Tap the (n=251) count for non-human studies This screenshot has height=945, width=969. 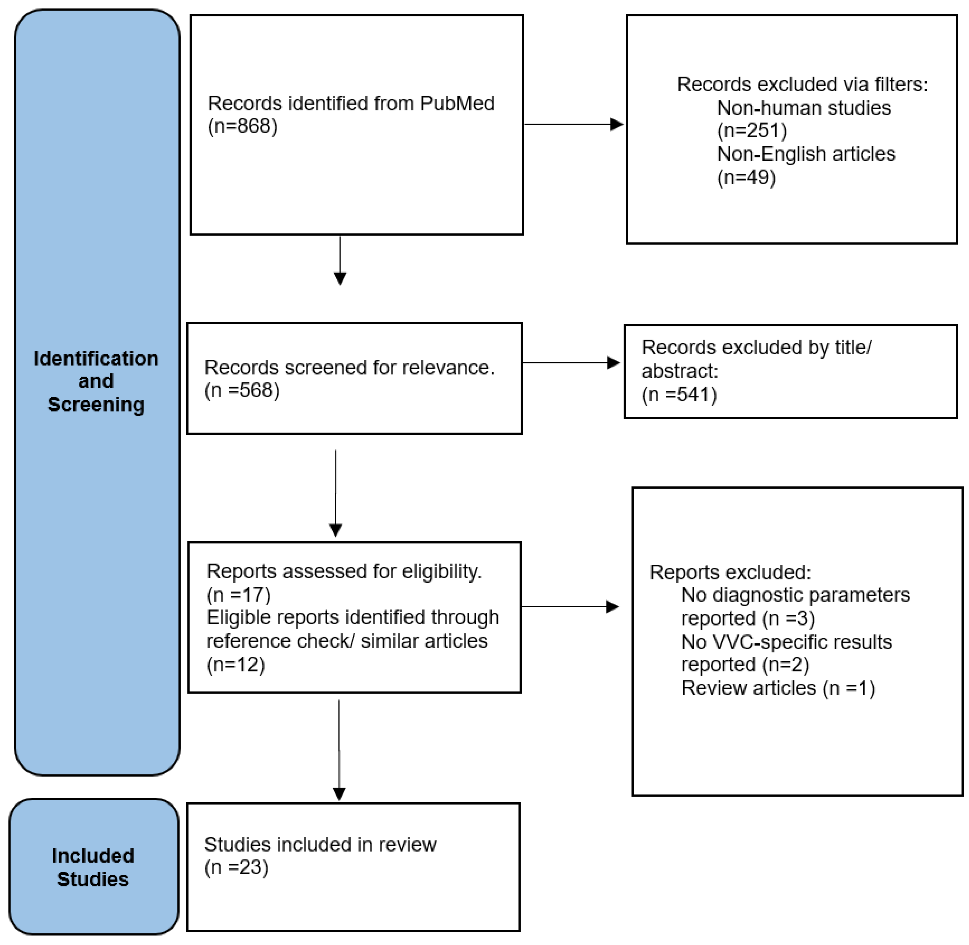(x=752, y=131)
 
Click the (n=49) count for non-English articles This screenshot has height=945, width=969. (x=746, y=177)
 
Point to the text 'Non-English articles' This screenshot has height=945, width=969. (x=806, y=154)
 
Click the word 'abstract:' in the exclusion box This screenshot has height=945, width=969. (x=680, y=371)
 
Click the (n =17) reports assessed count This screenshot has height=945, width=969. (x=238, y=595)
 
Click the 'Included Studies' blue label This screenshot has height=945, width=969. (x=93, y=868)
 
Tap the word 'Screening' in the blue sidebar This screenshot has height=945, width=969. (x=96, y=405)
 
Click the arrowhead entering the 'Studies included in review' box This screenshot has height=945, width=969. (x=339, y=794)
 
